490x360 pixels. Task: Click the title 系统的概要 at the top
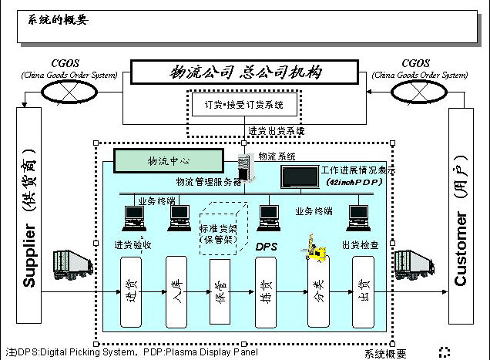(59, 20)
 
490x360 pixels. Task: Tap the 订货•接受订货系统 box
(244, 104)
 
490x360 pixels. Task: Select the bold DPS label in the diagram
(265, 246)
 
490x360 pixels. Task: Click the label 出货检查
(360, 245)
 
